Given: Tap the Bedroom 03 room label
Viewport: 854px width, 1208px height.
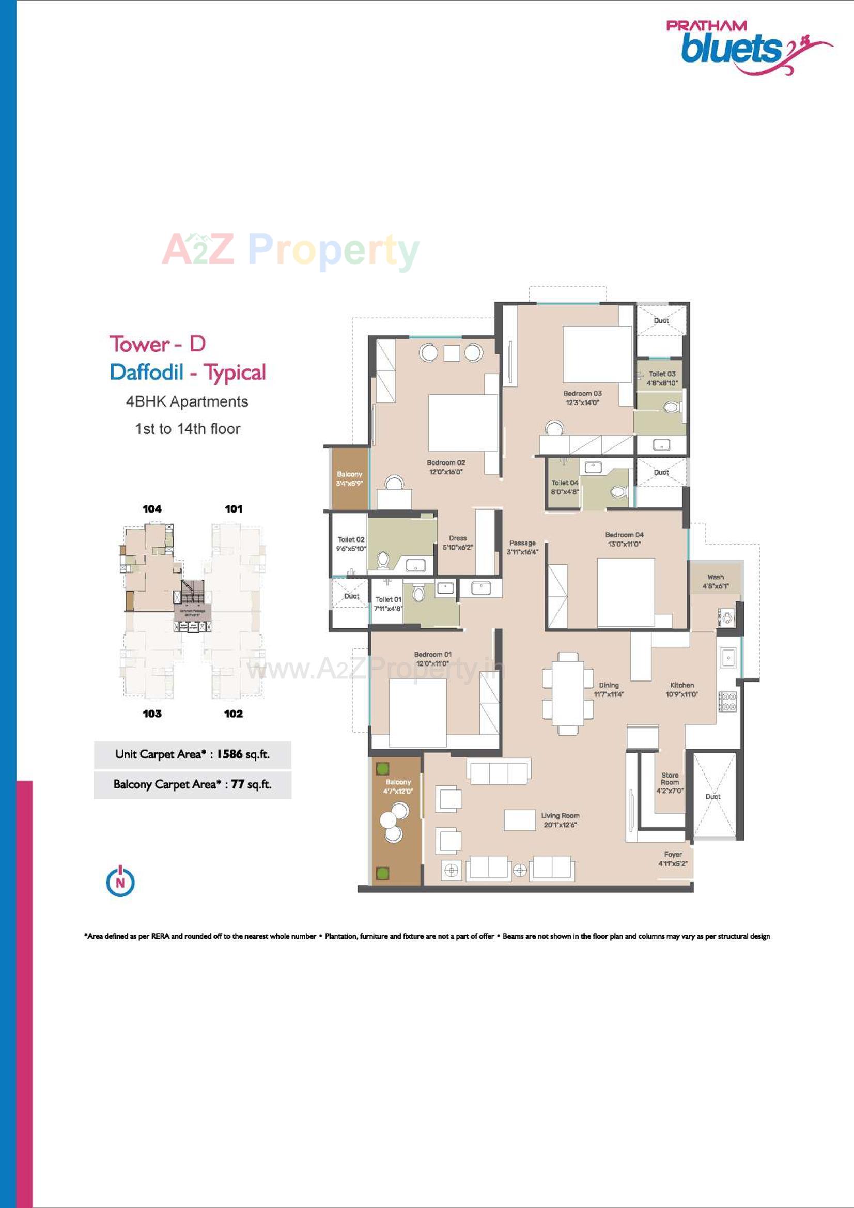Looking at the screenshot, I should click(582, 398).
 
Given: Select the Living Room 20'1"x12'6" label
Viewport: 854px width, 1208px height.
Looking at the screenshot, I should click(560, 819).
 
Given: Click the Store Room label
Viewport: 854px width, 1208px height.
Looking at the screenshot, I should click(670, 782).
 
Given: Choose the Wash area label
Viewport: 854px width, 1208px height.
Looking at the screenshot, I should click(715, 581).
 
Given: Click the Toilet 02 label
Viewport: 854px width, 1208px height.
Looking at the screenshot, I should click(351, 544).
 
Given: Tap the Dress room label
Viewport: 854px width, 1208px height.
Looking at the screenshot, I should click(458, 543).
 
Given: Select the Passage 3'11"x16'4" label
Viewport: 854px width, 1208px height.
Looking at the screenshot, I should click(522, 547).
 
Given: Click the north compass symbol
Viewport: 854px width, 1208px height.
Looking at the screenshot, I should click(120, 881).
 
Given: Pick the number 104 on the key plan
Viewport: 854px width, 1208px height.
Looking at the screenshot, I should click(152, 509).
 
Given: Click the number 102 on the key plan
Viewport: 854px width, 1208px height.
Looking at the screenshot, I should click(234, 714).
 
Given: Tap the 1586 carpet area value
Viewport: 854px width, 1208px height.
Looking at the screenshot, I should click(229, 754).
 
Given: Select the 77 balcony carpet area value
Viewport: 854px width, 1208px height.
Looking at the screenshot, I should click(237, 784).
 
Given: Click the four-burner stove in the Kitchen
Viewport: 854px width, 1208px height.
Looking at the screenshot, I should click(728, 701).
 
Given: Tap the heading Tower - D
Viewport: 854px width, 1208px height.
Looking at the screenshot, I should click(158, 344).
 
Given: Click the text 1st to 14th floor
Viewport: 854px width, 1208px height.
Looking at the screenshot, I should click(188, 429).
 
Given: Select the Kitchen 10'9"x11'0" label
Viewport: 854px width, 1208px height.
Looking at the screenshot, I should click(682, 689).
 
